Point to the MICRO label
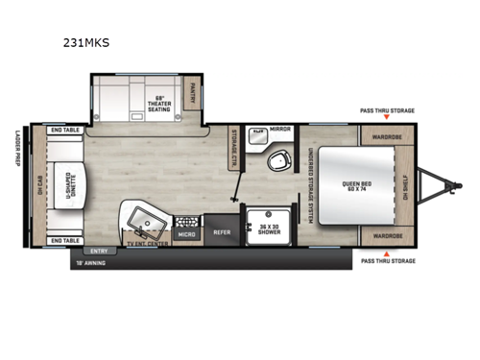tap(187, 231)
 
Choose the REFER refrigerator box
tap(221, 231)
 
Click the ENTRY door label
tap(97, 250)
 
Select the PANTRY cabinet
tap(192, 93)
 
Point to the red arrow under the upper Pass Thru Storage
tap(387, 118)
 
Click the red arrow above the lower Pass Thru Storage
tap(387, 252)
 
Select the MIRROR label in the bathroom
tap(281, 128)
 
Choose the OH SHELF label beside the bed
tap(406, 186)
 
